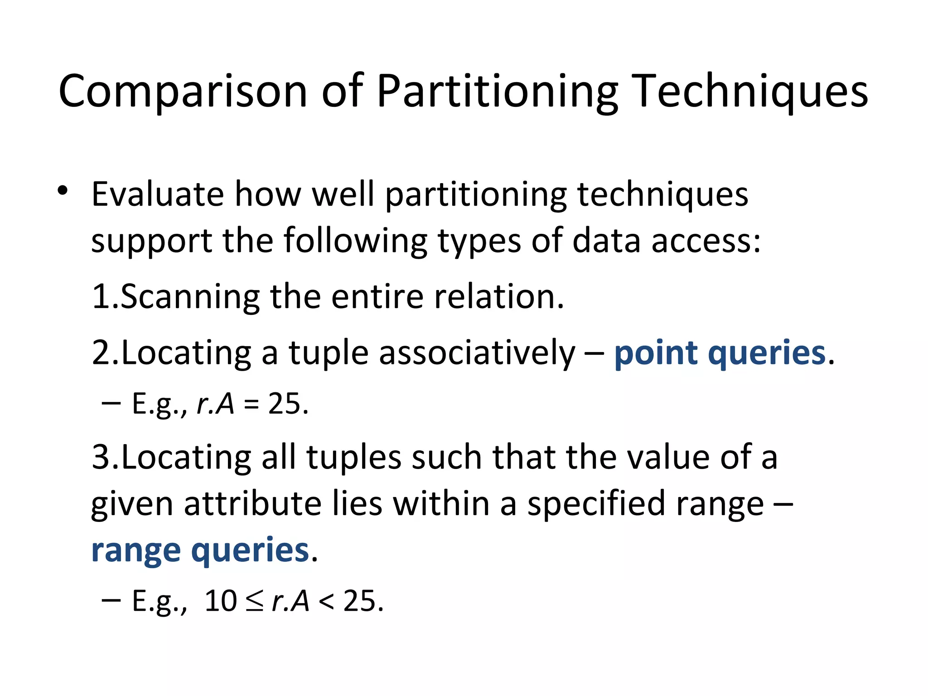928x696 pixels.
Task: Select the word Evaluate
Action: (x=158, y=194)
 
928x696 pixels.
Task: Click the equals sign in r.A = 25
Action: (x=251, y=404)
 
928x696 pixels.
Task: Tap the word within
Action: (x=441, y=504)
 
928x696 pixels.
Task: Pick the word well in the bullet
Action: (x=343, y=194)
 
